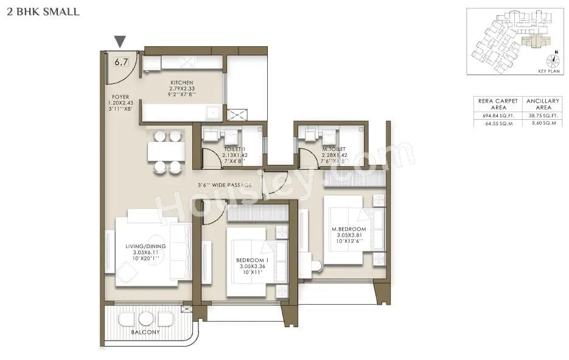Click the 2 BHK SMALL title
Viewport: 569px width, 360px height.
43,12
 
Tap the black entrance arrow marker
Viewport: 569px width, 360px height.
120,41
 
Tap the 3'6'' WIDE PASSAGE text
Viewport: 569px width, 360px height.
224,185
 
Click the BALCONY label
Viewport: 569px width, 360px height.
145,332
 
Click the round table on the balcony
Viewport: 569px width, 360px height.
145,318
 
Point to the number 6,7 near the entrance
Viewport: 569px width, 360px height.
121,61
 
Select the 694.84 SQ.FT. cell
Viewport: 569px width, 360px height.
494,114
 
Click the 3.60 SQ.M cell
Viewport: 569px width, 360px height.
539,123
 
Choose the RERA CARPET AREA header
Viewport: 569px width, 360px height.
494,103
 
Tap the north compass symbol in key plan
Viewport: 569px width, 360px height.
553,60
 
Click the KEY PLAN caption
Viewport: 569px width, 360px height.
548,71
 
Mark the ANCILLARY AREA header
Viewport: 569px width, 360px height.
539,103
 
